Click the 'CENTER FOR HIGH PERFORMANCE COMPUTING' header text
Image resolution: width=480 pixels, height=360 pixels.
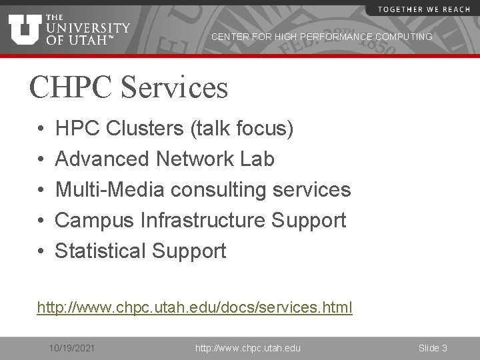321,37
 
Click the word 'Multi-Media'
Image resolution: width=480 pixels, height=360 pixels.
109,190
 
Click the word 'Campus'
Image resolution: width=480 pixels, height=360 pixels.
93,221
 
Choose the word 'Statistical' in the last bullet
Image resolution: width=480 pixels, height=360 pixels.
100,251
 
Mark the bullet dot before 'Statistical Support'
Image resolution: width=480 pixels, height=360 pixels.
41,251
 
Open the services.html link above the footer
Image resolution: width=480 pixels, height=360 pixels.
195,308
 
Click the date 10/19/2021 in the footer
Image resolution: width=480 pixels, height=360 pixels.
73,348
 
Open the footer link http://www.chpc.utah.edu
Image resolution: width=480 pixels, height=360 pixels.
247,348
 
